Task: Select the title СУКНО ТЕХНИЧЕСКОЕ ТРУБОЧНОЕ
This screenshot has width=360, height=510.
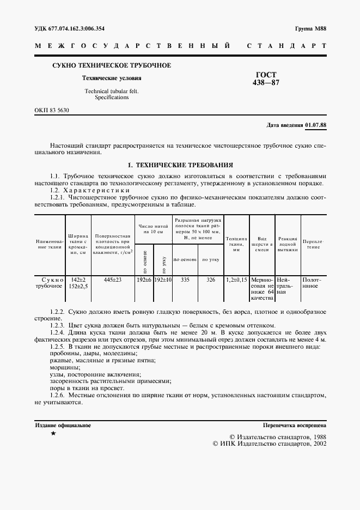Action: [111, 65]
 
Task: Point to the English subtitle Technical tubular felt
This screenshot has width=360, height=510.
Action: [111, 91]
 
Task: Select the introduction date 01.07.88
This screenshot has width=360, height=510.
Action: [316, 125]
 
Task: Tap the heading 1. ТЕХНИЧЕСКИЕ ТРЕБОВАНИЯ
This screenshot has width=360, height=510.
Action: [180, 164]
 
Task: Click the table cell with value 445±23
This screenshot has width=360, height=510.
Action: [113, 280]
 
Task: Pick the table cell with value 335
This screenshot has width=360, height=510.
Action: [185, 280]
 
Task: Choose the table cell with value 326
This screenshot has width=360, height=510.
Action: [211, 280]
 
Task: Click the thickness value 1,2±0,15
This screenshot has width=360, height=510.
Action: [236, 280]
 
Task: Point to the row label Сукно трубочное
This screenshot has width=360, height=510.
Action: [49, 283]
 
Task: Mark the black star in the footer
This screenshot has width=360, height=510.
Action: [53, 434]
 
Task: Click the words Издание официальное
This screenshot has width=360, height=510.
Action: [63, 425]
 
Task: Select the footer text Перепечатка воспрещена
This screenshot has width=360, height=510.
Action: [294, 425]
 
